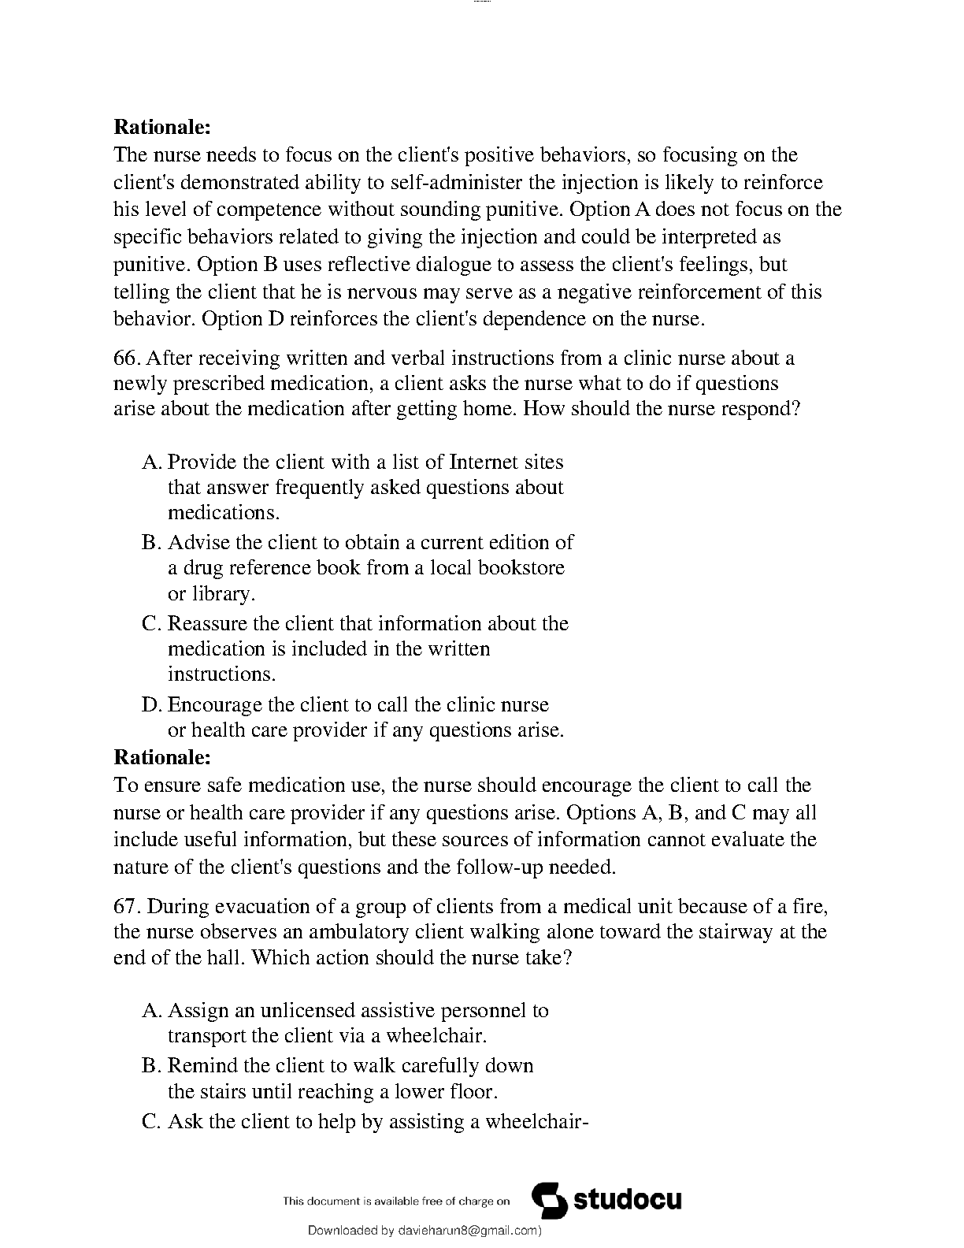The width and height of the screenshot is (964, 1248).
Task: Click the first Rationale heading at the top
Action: click(162, 126)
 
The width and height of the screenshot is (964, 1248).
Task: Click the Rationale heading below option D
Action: click(162, 757)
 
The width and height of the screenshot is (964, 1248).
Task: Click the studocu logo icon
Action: click(549, 1201)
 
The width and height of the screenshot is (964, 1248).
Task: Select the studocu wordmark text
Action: click(628, 1201)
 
